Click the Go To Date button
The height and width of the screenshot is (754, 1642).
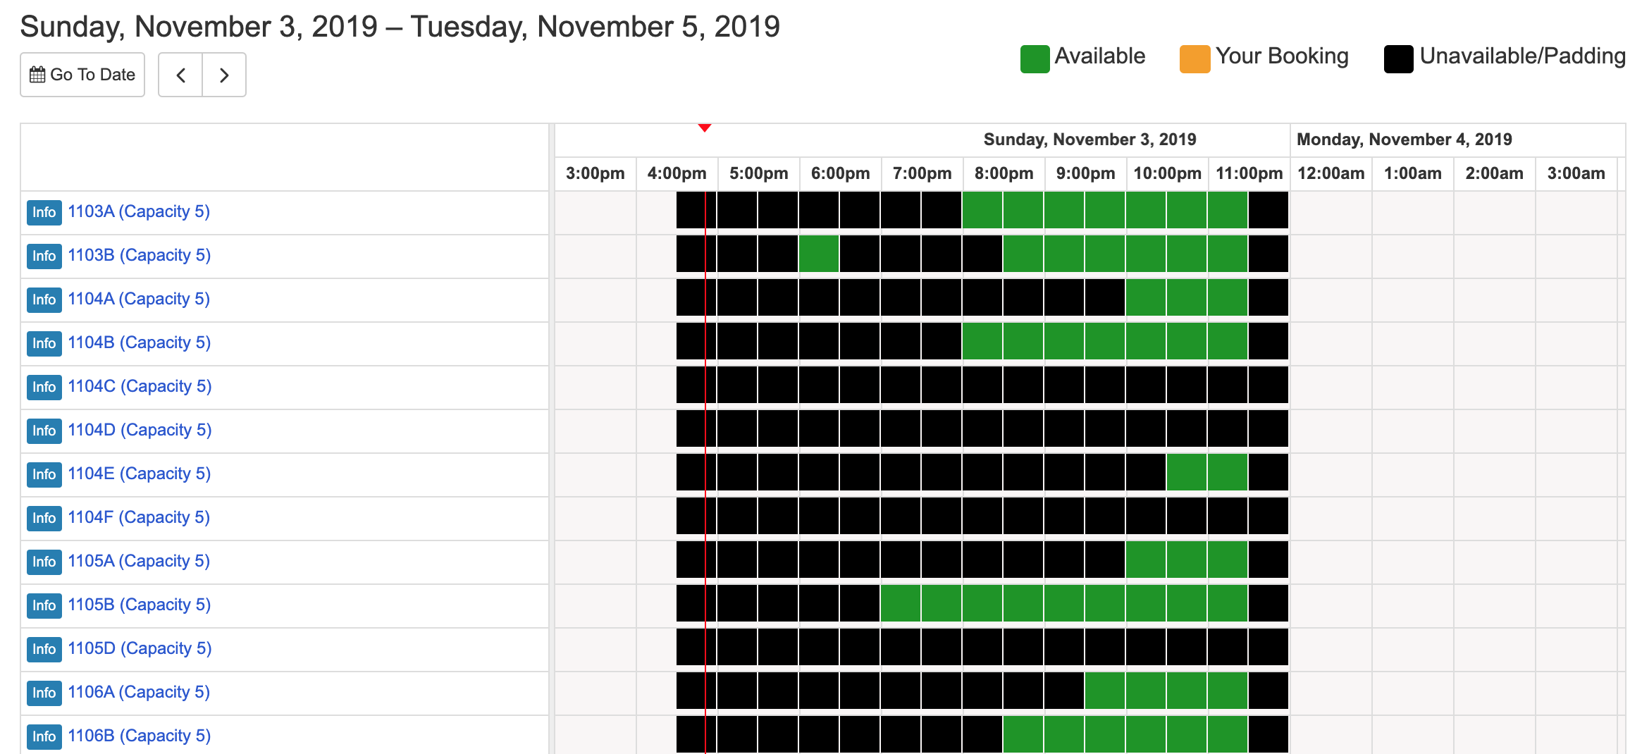tap(82, 75)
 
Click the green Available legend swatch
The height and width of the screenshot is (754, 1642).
tap(1035, 58)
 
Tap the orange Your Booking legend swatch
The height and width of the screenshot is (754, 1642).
tap(1195, 58)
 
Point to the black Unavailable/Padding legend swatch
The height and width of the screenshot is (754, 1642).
tap(1398, 58)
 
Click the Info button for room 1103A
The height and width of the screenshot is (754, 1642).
tap(44, 212)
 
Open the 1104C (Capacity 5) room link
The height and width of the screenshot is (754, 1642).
tap(140, 386)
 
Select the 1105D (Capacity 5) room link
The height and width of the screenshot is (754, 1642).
tap(140, 648)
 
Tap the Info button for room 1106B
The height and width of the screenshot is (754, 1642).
tap(44, 736)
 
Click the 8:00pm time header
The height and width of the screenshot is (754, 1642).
tap(1004, 173)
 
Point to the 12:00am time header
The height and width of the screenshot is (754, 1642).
tap(1331, 173)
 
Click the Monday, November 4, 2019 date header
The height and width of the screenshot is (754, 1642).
tap(1404, 140)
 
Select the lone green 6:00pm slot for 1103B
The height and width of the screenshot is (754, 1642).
tap(819, 254)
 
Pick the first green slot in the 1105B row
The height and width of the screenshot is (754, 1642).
tap(901, 603)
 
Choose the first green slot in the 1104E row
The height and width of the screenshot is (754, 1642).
tap(1187, 472)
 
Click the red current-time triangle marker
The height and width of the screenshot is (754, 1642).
tap(705, 128)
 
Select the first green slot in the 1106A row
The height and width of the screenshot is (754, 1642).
tap(1105, 691)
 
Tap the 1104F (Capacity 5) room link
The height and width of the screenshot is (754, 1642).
tap(139, 517)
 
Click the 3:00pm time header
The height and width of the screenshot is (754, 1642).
tap(595, 173)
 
